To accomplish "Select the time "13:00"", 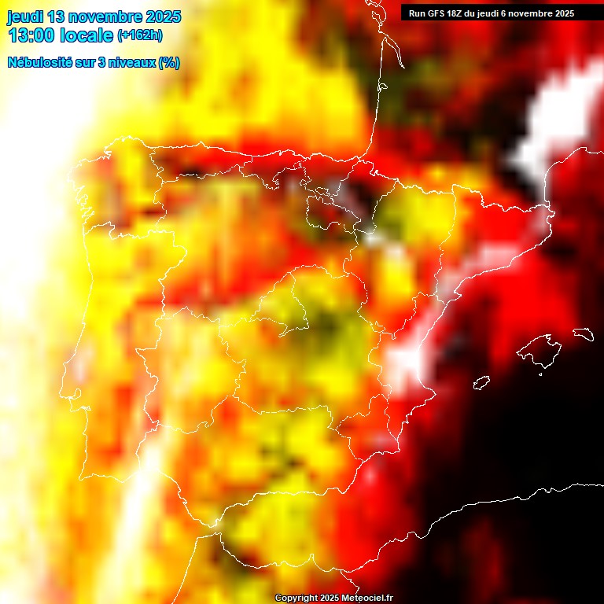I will tap(31, 35).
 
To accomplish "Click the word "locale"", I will tap(87, 35).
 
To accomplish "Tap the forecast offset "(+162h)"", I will tap(139, 35).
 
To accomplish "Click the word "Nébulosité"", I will tap(39, 63).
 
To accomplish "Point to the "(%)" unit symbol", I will tap(168, 63).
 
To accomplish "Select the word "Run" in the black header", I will tap(417, 13).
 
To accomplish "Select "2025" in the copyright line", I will tap(330, 598).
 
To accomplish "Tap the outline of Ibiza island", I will tap(481, 383).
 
